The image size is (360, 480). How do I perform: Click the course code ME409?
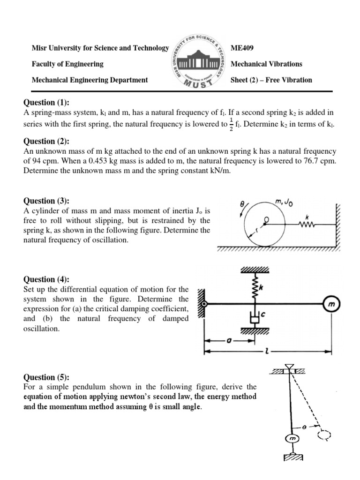(x=242, y=48)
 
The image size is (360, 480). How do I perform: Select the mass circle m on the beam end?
(x=332, y=304)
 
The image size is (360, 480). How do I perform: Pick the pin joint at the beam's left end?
(x=203, y=305)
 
